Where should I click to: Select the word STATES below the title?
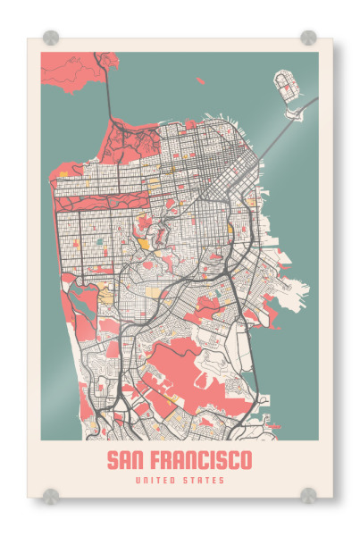[204, 482]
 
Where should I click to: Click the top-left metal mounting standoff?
[51, 38]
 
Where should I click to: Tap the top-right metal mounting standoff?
[308, 38]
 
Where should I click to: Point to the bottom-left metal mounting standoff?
[51, 494]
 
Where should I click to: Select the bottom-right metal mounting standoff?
[308, 494]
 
